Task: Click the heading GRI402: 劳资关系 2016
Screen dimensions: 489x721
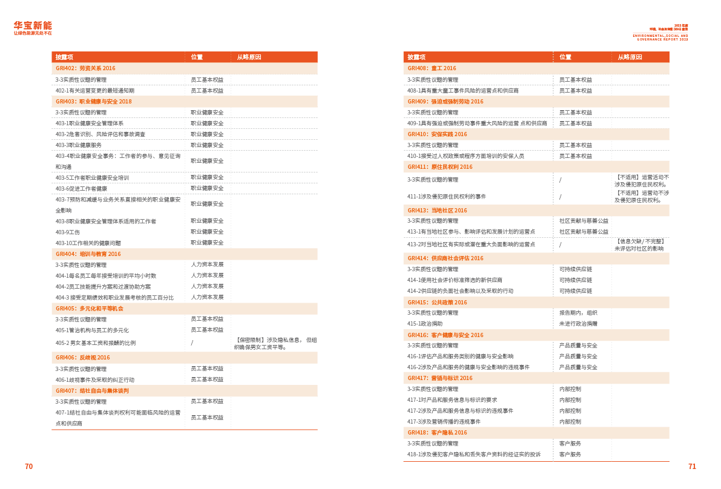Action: click(x=85, y=68)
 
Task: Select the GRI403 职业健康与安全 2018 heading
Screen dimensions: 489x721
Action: click(x=93, y=102)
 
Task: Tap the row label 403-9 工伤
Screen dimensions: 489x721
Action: click(x=68, y=232)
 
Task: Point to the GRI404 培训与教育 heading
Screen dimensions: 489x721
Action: click(x=88, y=254)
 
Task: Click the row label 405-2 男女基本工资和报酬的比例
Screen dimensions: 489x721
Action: click(x=95, y=343)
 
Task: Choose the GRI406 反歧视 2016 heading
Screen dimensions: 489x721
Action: click(x=82, y=358)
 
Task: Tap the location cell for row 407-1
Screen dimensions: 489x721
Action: click(x=206, y=418)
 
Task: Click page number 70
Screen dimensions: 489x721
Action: click(x=28, y=466)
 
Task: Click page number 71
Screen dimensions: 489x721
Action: click(x=692, y=466)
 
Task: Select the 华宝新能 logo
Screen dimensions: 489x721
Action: click(x=33, y=27)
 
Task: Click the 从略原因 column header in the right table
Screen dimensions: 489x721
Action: click(x=630, y=57)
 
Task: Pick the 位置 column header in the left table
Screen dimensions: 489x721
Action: click(x=197, y=57)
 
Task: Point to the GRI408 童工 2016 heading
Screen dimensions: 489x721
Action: click(x=432, y=68)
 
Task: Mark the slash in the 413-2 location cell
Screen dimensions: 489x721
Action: click(x=561, y=244)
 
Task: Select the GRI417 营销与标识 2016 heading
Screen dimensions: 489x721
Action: click(x=440, y=378)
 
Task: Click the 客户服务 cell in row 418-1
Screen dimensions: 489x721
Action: click(x=569, y=455)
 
